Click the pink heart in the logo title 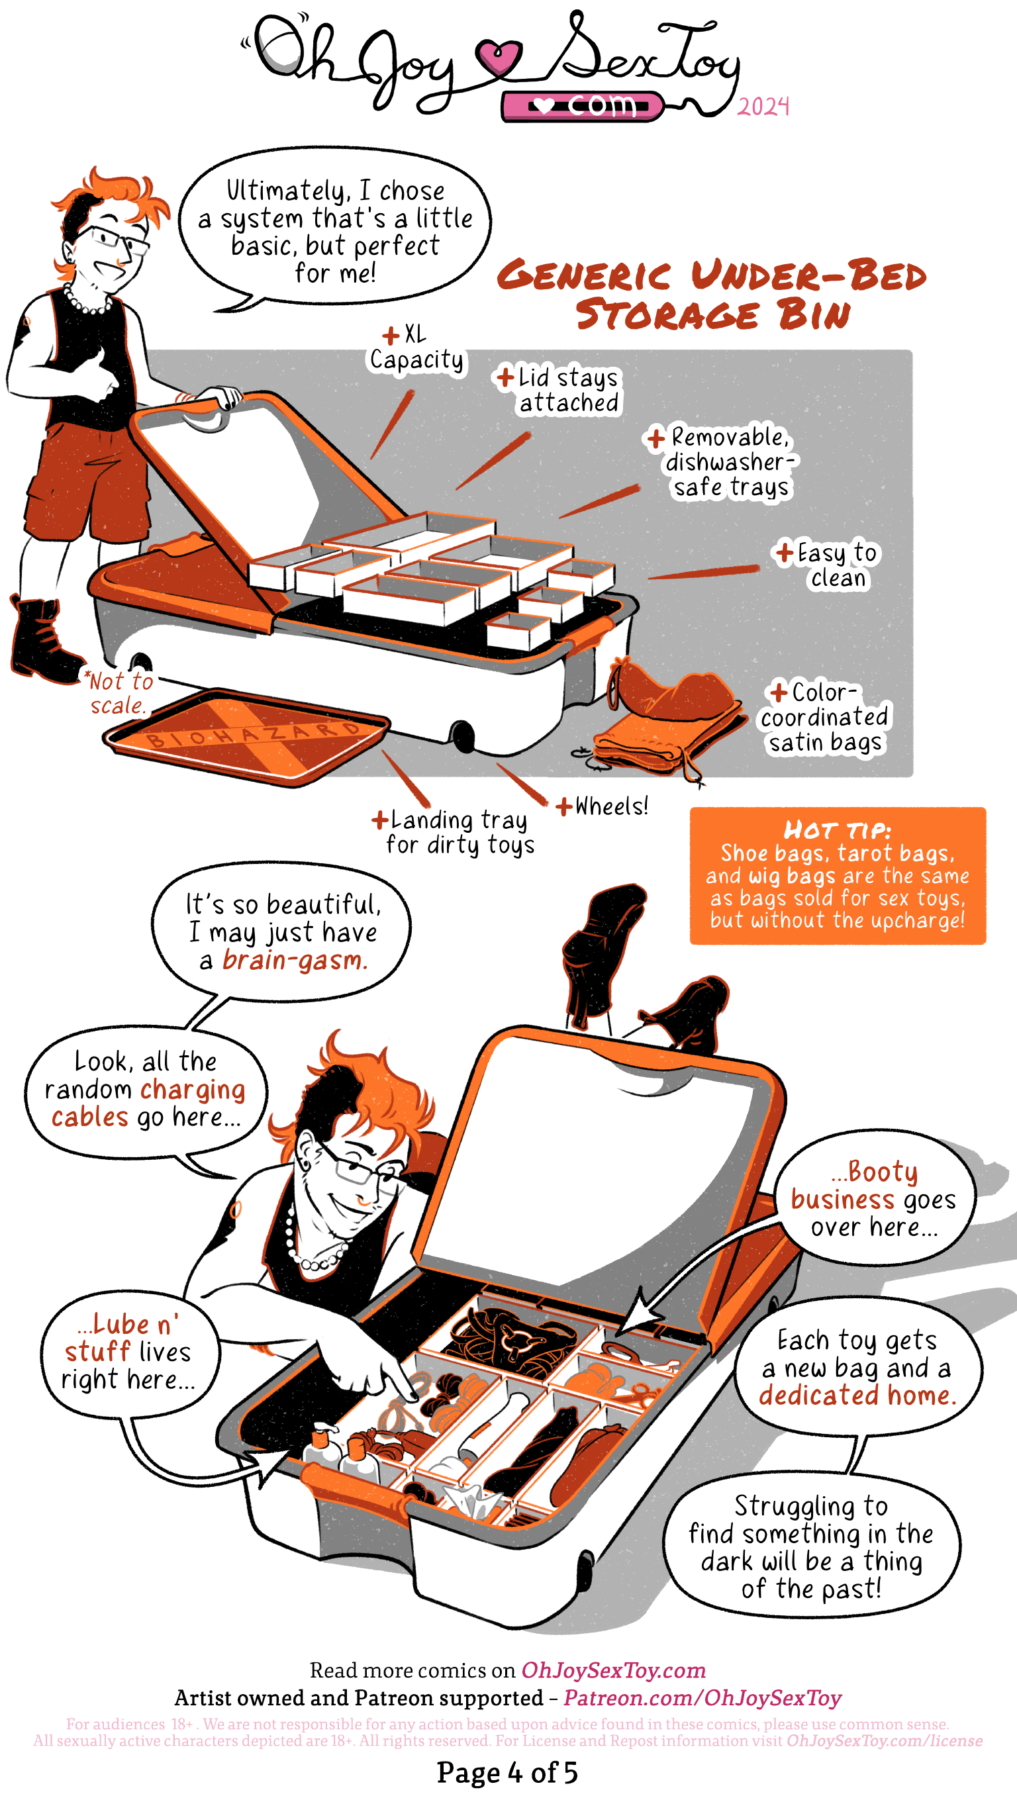(x=498, y=56)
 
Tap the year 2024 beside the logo (x=763, y=106)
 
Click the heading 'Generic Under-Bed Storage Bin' (x=712, y=294)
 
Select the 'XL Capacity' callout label (x=417, y=348)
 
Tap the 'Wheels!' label (x=603, y=806)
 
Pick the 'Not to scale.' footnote (x=117, y=692)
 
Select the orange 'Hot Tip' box (x=838, y=875)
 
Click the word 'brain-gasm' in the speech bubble (x=295, y=961)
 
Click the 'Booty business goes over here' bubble (x=874, y=1200)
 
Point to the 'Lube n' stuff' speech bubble (x=129, y=1354)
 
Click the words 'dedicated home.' (x=857, y=1396)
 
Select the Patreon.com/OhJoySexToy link (x=703, y=1698)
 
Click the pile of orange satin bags (x=671, y=720)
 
